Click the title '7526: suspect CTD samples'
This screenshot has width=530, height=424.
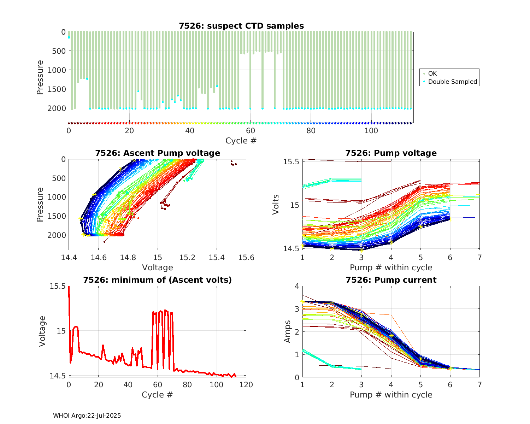[x=241, y=26]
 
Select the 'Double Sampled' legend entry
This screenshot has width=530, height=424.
[x=453, y=82]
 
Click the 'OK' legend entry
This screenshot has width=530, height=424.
[x=432, y=73]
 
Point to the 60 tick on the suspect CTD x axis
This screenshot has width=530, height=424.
[x=250, y=130]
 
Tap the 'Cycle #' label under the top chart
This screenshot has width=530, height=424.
[x=241, y=141]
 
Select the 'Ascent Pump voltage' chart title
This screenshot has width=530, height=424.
[x=158, y=153]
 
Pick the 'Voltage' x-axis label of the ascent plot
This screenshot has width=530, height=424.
[x=158, y=267]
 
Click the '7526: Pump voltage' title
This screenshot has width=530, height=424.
[x=391, y=153]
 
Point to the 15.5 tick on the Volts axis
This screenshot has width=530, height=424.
[x=291, y=161]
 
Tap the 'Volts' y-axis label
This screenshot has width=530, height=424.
[x=276, y=205]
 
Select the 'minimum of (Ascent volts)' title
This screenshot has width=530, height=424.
[x=158, y=280]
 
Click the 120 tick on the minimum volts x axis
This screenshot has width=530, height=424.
[x=246, y=384]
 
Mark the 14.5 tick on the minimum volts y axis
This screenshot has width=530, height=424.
[x=58, y=376]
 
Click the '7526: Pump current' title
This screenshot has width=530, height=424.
[x=391, y=280]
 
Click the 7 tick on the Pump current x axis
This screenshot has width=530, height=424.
[x=479, y=384]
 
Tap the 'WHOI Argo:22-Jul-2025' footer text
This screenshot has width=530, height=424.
[x=87, y=416]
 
